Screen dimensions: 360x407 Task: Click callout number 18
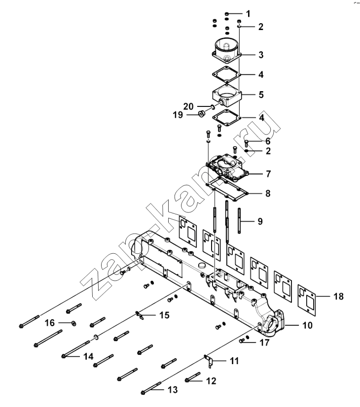pos(338,296)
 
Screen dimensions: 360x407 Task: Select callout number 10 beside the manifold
pos(307,325)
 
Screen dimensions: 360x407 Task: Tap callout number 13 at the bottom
pos(173,389)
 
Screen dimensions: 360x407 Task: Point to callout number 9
pos(260,221)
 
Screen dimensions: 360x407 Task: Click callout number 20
pos(188,106)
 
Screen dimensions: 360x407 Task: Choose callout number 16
pos(50,323)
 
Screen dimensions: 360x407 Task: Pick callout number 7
pos(268,173)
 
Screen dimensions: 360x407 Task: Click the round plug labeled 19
pos(201,114)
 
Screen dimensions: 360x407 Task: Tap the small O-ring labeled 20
pos(212,106)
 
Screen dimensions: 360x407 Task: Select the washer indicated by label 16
pos(74,323)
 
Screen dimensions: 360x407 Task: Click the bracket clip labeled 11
pos(210,361)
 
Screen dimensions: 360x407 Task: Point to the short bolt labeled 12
pos(193,377)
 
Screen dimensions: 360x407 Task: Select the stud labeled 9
pos(239,220)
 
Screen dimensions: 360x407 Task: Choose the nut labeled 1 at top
pos(226,13)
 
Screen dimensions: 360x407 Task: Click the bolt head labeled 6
pos(247,143)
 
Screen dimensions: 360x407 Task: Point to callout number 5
pos(261,95)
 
